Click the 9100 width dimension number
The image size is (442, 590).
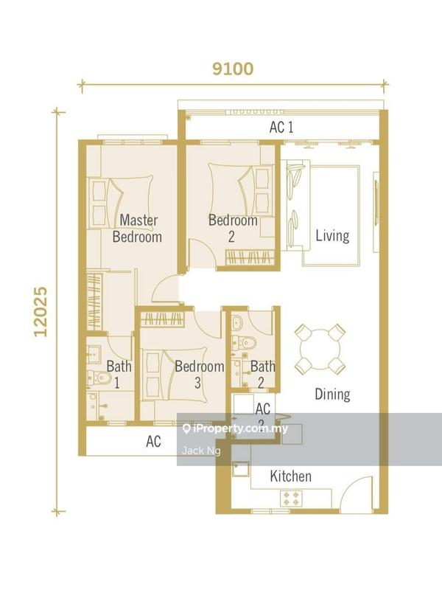pos(232,69)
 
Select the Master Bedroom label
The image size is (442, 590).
pos(138,229)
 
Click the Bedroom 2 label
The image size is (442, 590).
pos(233,228)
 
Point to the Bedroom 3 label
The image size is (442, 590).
pos(199,375)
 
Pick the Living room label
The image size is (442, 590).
pos(332,237)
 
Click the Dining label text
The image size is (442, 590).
pos(332,395)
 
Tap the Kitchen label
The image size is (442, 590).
pos(290,476)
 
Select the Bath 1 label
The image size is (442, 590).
pos(119,374)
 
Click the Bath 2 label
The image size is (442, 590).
pos(262,374)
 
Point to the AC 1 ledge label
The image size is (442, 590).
pos(281,128)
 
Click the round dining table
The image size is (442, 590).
pos(321,349)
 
